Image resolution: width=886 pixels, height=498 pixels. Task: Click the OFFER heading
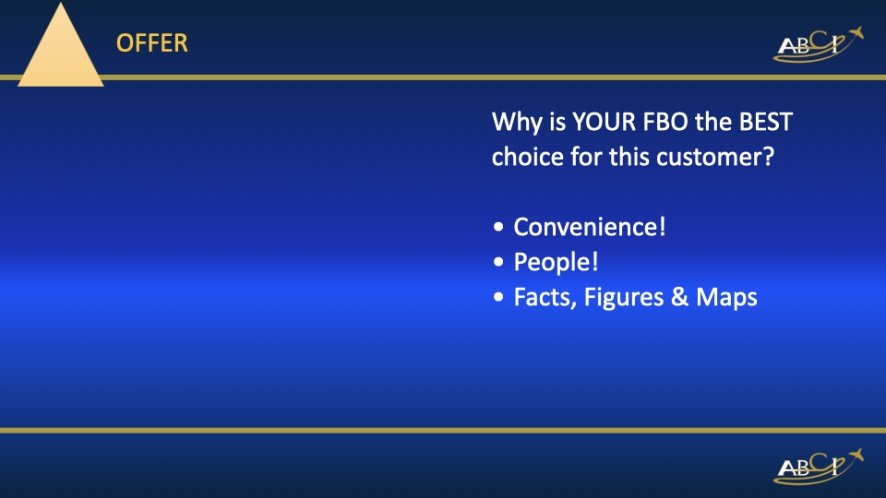(x=152, y=42)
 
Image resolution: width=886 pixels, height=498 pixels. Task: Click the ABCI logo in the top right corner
(x=818, y=45)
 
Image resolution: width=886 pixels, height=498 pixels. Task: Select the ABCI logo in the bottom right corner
(x=818, y=467)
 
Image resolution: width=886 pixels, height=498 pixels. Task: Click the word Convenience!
(x=590, y=227)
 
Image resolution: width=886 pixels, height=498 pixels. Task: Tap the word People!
(x=557, y=263)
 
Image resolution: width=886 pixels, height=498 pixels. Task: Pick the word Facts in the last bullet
(x=544, y=298)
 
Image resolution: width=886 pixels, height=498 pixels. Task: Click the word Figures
(x=617, y=299)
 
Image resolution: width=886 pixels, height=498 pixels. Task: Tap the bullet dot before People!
(x=499, y=264)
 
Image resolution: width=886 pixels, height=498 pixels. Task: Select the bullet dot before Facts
(x=499, y=299)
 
